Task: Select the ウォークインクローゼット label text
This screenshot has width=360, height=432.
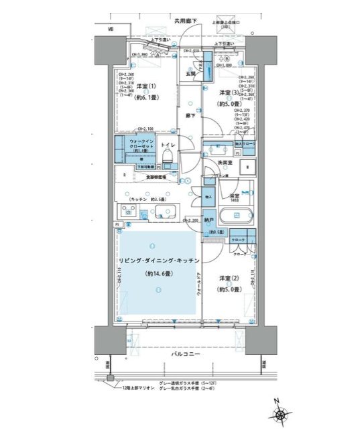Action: [x=141, y=145]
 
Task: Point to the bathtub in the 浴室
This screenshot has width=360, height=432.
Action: [x=237, y=216]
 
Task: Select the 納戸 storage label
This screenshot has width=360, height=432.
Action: [x=208, y=219]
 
